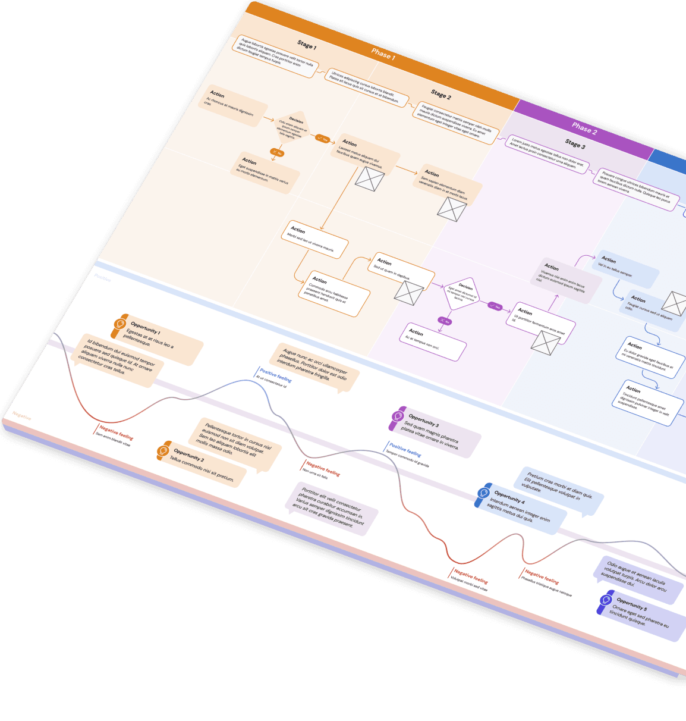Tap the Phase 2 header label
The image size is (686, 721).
(x=584, y=128)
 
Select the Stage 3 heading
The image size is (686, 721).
(x=575, y=144)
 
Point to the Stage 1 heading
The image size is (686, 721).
(x=307, y=45)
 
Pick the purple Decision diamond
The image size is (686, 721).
(x=462, y=293)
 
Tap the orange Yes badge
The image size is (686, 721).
(x=322, y=139)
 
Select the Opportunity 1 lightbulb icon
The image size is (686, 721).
(x=119, y=325)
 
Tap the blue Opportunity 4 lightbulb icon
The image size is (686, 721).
(x=483, y=494)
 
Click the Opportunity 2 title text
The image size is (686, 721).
(x=188, y=455)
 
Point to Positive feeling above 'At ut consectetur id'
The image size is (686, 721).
(x=275, y=375)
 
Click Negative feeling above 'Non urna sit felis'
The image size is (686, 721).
(x=323, y=469)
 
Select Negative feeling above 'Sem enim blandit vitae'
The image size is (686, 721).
(x=116, y=433)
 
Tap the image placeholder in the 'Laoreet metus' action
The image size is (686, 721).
(x=370, y=179)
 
